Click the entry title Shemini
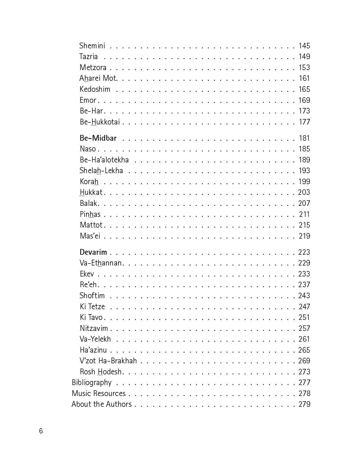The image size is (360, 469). click(x=92, y=46)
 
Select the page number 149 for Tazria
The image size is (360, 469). click(x=304, y=56)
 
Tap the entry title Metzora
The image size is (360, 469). click(x=93, y=67)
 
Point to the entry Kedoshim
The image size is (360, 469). click(x=95, y=89)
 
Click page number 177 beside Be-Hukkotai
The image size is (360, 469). click(x=304, y=122)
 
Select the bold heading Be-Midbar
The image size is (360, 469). click(x=98, y=138)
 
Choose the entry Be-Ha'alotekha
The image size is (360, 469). click(x=104, y=160)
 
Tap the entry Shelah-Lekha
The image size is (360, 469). click(x=101, y=171)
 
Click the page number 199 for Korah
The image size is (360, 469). click(x=304, y=182)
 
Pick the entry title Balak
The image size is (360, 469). click(x=89, y=203)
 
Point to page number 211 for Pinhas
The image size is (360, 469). click(x=304, y=214)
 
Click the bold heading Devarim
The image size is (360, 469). click(x=93, y=252)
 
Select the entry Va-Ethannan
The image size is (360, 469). click(x=100, y=263)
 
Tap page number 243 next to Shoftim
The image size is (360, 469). click(x=304, y=296)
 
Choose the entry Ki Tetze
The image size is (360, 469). click(x=92, y=307)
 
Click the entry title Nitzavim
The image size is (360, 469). click(x=94, y=328)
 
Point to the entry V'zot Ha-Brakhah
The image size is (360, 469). click(x=108, y=361)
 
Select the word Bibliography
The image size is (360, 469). click(x=92, y=382)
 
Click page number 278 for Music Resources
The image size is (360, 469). click(x=304, y=393)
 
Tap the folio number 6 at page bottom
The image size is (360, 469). click(x=41, y=431)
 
